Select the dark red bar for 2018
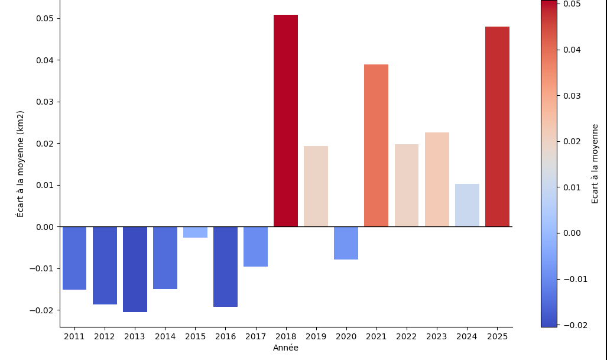click(x=285, y=121)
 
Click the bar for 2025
click(x=497, y=127)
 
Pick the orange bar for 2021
click(x=376, y=145)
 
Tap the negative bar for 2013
click(x=135, y=269)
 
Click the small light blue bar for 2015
click(x=195, y=232)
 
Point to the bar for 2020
click(x=346, y=243)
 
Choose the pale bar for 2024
click(x=467, y=205)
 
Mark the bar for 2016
click(x=225, y=267)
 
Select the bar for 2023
click(x=437, y=179)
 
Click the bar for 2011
click(x=74, y=258)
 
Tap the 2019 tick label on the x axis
click(x=316, y=337)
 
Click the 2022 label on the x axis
click(x=406, y=337)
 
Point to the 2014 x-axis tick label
click(x=165, y=337)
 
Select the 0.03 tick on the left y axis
click(x=46, y=102)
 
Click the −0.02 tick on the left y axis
click(x=43, y=310)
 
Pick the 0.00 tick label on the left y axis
click(x=46, y=227)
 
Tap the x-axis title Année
click(x=285, y=348)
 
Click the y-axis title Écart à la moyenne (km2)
click(x=21, y=164)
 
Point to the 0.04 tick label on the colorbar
click(x=572, y=50)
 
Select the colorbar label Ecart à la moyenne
click(x=595, y=164)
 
